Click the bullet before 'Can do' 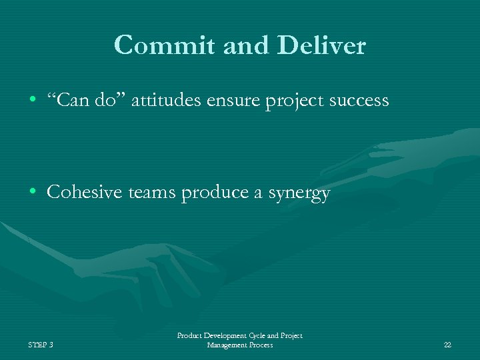[x=33, y=101]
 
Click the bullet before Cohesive [x=33, y=193]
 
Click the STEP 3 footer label [x=41, y=345]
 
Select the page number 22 [x=447, y=345]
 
